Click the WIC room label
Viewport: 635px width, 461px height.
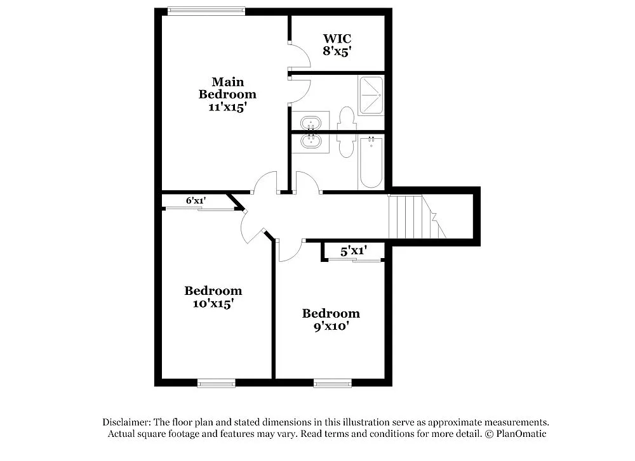point(337,38)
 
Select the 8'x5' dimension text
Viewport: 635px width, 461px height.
point(337,51)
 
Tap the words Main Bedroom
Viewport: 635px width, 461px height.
point(227,88)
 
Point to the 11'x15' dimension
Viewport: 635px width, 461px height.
point(227,107)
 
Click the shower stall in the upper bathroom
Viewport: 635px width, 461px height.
point(371,96)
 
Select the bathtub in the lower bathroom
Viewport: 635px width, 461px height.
point(371,162)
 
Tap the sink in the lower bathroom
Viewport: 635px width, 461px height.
point(311,142)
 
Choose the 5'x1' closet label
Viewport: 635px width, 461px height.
point(353,251)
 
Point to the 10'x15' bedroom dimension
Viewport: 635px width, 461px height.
point(213,304)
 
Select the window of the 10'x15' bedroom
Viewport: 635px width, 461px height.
point(216,383)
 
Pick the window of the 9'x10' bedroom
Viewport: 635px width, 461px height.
point(332,383)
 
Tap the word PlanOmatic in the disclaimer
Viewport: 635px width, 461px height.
point(520,434)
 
